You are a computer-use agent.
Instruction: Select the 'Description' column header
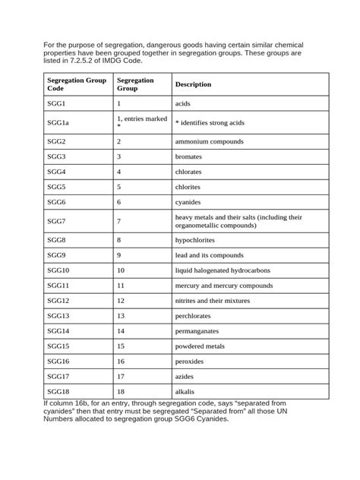[x=193, y=84]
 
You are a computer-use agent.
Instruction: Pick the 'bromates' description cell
[x=189, y=156]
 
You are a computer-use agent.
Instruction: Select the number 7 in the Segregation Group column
[x=119, y=221]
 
